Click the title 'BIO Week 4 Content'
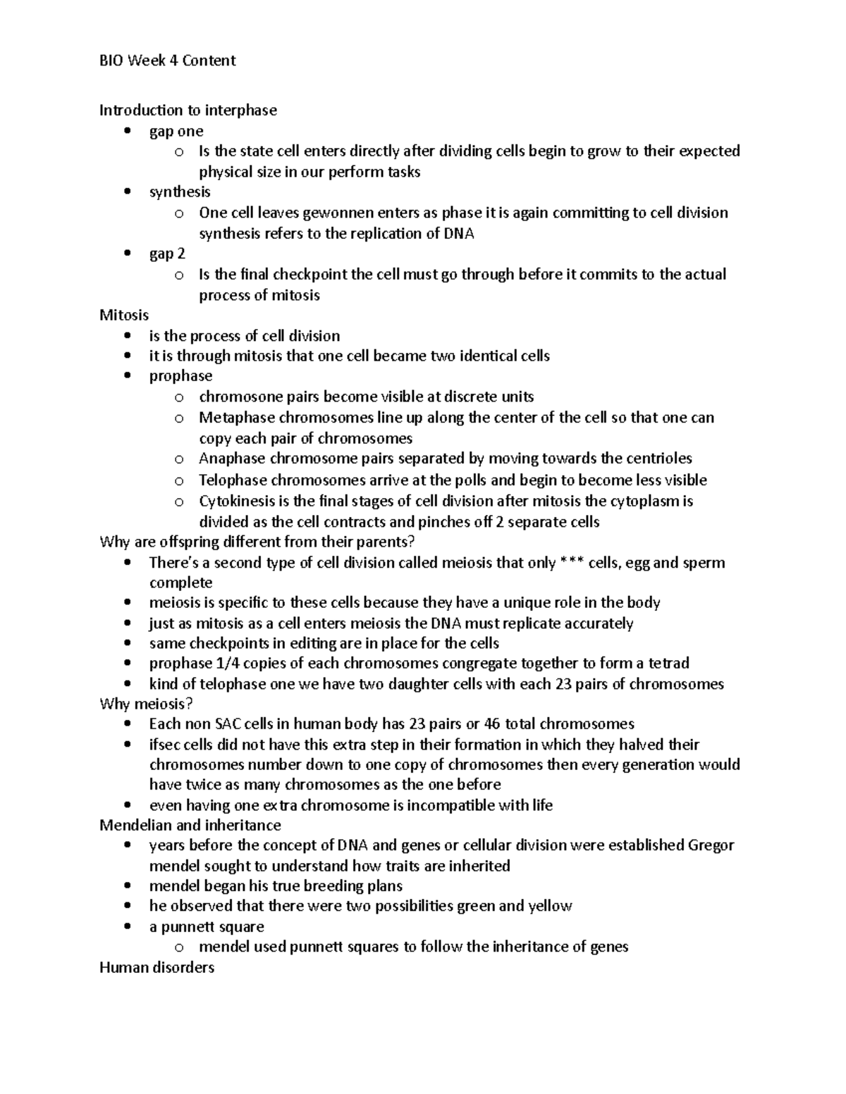pyautogui.click(x=167, y=61)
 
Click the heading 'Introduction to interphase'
pyautogui.click(x=188, y=110)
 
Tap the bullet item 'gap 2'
pyautogui.click(x=167, y=254)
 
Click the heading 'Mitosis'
pyautogui.click(x=124, y=315)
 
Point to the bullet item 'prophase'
pyautogui.click(x=180, y=375)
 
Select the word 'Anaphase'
pyautogui.click(x=232, y=459)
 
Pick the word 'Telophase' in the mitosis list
pyautogui.click(x=233, y=480)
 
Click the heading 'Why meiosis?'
pyautogui.click(x=146, y=704)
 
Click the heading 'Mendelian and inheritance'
pyautogui.click(x=190, y=825)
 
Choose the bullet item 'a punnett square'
pyautogui.click(x=207, y=926)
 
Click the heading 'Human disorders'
pyautogui.click(x=157, y=967)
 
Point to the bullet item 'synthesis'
pyautogui.click(x=180, y=192)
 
